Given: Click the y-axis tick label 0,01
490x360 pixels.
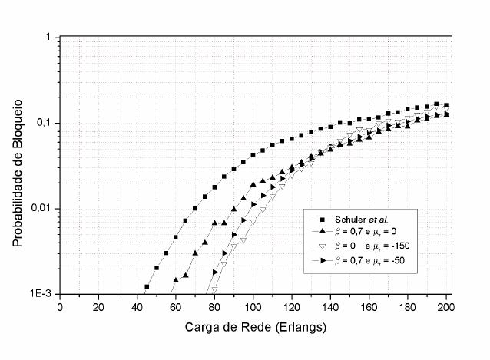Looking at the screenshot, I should click(40, 209).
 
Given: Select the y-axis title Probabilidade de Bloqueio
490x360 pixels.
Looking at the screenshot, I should click(16, 167).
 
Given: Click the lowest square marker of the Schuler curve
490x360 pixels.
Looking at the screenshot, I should click(147, 286).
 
